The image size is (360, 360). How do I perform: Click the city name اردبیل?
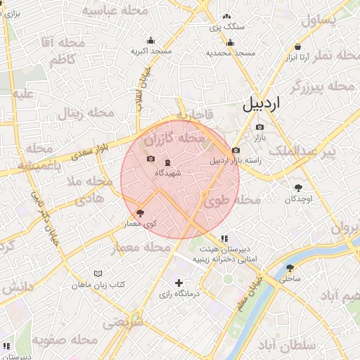click(x=261, y=103)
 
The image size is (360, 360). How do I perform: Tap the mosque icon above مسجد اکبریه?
click(x=150, y=40)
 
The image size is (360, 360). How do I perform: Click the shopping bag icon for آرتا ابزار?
click(x=298, y=46)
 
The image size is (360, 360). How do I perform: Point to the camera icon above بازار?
click(x=259, y=127)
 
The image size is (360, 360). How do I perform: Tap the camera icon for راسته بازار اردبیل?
click(x=235, y=150)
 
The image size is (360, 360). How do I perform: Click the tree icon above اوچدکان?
click(x=298, y=188)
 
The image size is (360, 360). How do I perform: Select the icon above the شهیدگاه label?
click(x=167, y=162)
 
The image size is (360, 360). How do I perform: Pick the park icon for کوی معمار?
click(x=141, y=212)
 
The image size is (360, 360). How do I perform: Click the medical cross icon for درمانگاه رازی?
click(x=179, y=283)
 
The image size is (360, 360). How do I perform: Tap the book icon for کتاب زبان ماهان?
click(x=98, y=274)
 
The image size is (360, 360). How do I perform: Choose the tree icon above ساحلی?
click(x=290, y=268)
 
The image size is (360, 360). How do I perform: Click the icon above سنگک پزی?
click(x=226, y=15)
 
